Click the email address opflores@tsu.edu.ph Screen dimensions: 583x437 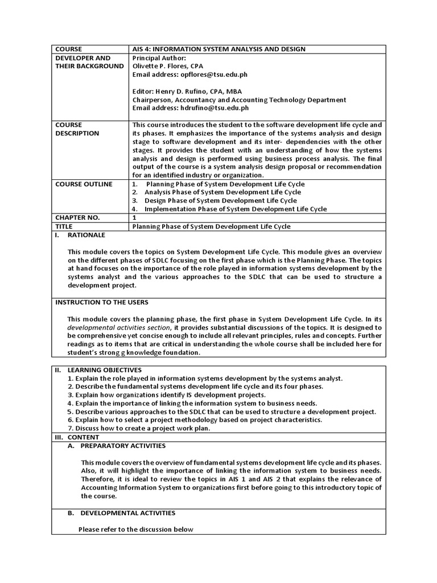pos(205,75)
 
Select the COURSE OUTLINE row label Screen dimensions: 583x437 pos(84,184)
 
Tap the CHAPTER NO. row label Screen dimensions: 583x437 pos(77,217)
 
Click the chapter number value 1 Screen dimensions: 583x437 pos(135,217)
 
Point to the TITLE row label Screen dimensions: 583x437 pos(65,226)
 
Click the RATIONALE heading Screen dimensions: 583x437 pos(86,235)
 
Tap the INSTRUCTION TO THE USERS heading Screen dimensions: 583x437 pos(102,302)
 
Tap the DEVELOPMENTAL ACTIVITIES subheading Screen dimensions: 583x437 pos(127,513)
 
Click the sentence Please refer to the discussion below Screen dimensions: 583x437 pos(136,529)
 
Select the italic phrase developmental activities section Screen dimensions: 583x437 pos(118,327)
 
